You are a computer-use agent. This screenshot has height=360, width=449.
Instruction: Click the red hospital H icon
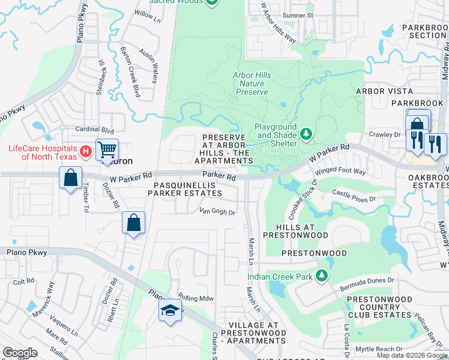coord(86,151)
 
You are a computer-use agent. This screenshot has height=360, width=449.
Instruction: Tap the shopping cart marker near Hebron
coord(107,149)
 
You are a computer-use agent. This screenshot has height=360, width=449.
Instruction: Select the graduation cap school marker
coord(170,311)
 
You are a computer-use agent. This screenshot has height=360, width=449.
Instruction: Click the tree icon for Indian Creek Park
coord(322,275)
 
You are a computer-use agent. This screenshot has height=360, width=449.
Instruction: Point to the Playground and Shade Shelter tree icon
coord(306,133)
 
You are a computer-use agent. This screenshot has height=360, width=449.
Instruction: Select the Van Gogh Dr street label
coord(217,211)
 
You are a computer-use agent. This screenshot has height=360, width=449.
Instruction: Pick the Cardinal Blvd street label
coord(94,130)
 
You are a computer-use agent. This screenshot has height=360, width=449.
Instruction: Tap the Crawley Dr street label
coord(384,134)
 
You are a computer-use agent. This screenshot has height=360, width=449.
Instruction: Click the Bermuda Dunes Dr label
coord(366,280)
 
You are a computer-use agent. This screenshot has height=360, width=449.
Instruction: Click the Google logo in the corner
coord(20,353)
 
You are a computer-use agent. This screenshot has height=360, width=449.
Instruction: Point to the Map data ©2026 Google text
coord(411,355)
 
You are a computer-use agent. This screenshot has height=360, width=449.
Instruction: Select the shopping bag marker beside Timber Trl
coord(71,179)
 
